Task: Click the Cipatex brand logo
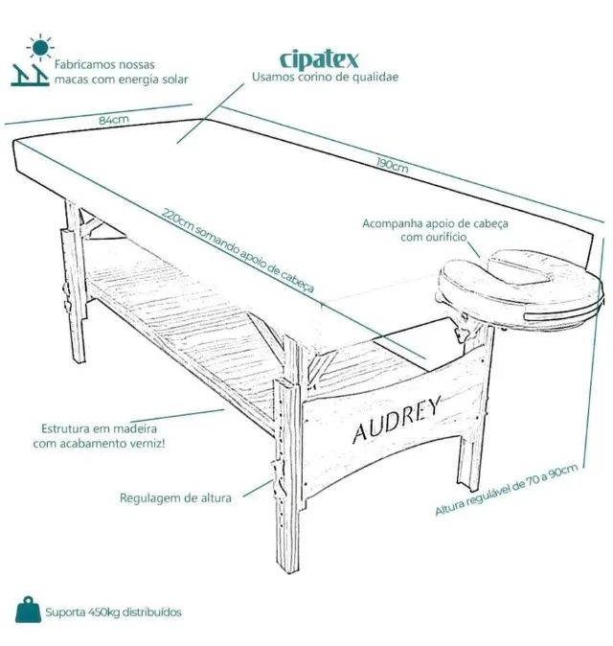[319, 60]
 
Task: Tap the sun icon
[40, 47]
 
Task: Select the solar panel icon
[30, 75]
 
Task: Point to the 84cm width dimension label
[114, 120]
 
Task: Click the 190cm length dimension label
[393, 164]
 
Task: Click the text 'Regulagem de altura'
[175, 497]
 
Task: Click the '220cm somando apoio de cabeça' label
[238, 250]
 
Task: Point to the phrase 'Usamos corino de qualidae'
[326, 77]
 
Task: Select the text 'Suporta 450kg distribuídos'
[113, 611]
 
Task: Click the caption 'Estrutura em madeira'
[99, 428]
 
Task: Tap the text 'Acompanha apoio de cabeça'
[435, 223]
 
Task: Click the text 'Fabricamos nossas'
[104, 64]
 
